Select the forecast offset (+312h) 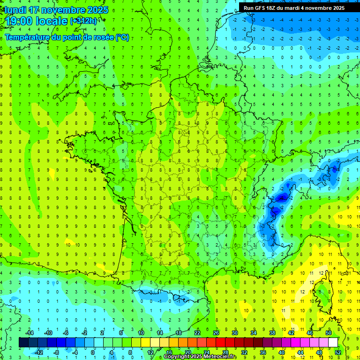point(83,21)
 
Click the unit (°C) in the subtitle point(122,37)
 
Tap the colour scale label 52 point(337,352)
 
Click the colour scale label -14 point(29,332)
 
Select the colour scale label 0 point(92,352)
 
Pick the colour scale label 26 point(216,332)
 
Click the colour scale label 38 point(272,332)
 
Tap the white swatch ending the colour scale point(333,342)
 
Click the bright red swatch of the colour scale point(220,342)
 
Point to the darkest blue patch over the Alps point(281,198)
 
